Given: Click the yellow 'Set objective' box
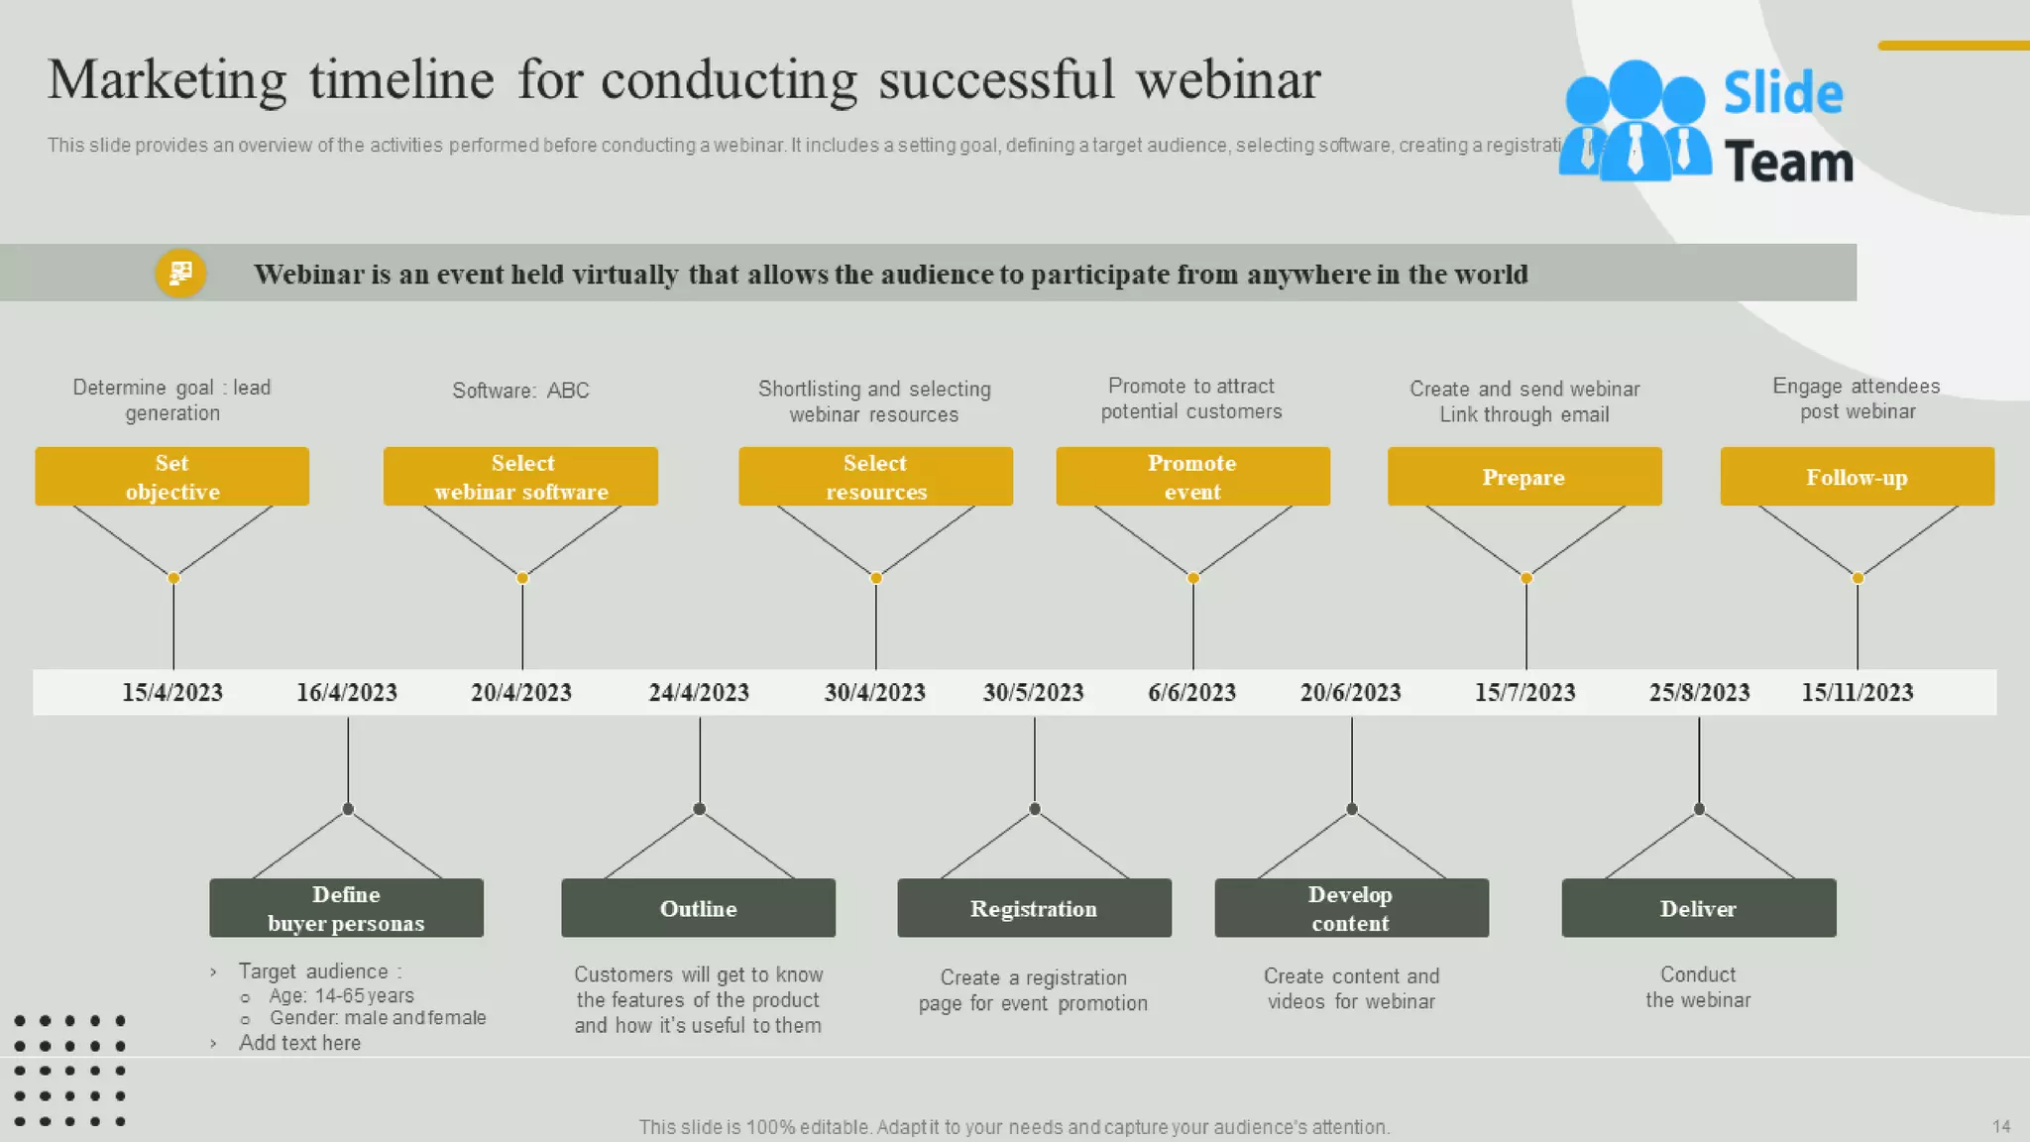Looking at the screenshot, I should (x=171, y=477).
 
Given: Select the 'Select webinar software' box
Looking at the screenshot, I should (x=520, y=477).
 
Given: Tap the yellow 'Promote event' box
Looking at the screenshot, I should (x=1192, y=477).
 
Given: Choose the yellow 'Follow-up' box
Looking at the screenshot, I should (x=1857, y=477).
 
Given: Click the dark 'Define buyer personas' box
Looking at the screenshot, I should (x=346, y=908).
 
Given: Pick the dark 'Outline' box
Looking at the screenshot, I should (x=698, y=908).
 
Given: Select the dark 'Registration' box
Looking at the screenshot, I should (x=1034, y=908).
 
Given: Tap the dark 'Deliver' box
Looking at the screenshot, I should (x=1698, y=908).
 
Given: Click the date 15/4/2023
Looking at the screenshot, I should (x=172, y=692).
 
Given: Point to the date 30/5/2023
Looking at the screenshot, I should (x=1033, y=692).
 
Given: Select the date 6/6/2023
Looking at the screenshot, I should (x=1191, y=692).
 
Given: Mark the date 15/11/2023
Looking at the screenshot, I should (x=1857, y=692).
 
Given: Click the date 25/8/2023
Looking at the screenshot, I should (x=1699, y=692).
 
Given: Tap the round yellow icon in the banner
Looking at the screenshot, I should (x=180, y=273).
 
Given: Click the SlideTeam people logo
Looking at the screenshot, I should (x=1635, y=122).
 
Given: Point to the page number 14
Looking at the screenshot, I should (x=2000, y=1126).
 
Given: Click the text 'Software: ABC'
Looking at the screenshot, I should (x=520, y=391).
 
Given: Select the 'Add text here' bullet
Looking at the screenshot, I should (x=299, y=1043).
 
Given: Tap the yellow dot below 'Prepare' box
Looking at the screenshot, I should (x=1525, y=578).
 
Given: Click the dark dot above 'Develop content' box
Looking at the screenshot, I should (x=1351, y=809).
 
